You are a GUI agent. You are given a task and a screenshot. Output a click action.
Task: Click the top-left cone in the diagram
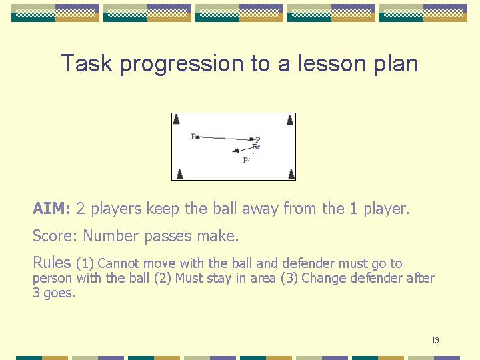tap(176, 119)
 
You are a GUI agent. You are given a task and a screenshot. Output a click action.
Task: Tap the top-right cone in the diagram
tap(290, 120)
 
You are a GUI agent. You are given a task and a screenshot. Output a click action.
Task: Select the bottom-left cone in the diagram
tap(180, 174)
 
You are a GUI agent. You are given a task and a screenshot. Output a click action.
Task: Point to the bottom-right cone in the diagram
tap(291, 174)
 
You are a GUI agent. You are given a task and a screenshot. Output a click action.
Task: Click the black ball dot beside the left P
tap(198, 137)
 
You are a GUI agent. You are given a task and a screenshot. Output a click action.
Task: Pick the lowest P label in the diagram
tap(245, 161)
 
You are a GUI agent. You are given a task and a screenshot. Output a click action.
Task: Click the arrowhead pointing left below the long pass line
tap(236, 150)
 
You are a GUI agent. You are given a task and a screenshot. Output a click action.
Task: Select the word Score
tap(55, 236)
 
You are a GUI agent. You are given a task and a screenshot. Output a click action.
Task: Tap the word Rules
tap(52, 263)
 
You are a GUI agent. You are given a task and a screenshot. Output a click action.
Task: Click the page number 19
tap(435, 340)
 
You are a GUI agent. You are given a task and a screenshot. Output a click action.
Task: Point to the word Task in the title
tap(87, 63)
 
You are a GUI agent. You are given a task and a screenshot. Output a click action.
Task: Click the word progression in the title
tap(181, 64)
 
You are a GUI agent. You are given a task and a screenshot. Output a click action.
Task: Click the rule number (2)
tap(163, 278)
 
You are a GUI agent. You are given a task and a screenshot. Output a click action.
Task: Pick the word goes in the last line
tap(59, 293)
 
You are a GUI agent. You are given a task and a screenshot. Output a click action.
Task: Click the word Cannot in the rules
tap(119, 263)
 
